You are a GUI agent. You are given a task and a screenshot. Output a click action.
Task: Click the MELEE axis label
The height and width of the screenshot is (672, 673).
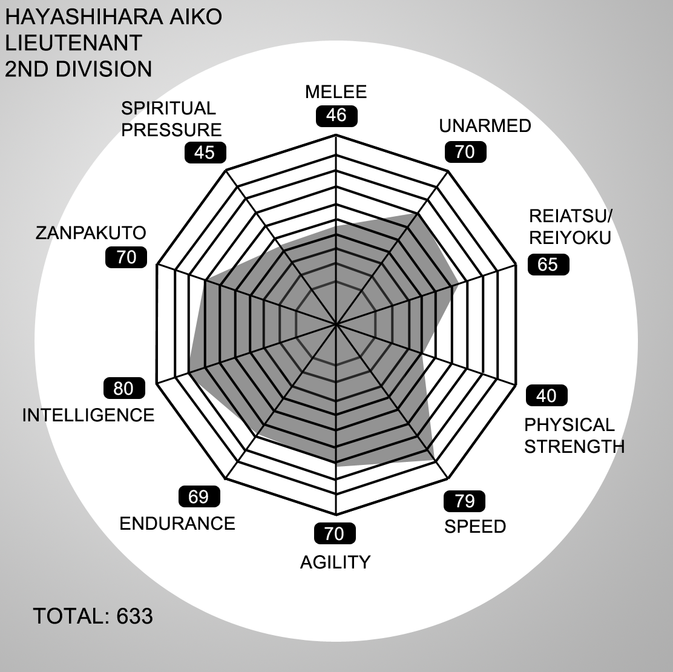pos(336,92)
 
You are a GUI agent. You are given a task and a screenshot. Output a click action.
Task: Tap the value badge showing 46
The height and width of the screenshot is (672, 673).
pos(336,116)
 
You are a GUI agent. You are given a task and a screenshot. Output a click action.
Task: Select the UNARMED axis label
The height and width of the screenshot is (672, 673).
pos(485,126)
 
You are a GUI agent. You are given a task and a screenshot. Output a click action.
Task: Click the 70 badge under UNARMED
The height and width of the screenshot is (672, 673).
pos(465,152)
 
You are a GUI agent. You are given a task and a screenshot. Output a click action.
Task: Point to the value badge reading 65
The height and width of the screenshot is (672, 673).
pos(548,265)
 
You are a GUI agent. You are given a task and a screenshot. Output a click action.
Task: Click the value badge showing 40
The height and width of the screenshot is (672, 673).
pos(547,395)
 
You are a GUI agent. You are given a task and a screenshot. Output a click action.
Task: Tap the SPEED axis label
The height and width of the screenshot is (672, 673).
pos(475,527)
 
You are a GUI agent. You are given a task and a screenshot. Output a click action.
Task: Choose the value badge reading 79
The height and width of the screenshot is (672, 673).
pos(464,501)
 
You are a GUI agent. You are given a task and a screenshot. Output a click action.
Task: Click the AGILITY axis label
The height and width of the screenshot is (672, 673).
pos(335,562)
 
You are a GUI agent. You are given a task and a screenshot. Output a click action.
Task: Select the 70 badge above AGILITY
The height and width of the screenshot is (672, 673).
pos(335,534)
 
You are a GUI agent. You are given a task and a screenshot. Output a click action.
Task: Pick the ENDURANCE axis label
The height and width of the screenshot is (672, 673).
pos(177,524)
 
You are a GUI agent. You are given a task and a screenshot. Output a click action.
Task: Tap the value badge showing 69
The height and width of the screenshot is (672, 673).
pos(199,497)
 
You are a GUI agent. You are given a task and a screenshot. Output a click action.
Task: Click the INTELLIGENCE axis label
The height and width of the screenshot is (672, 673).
pos(88,415)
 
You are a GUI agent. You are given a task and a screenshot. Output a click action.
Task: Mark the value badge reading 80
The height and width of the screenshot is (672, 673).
pos(124,389)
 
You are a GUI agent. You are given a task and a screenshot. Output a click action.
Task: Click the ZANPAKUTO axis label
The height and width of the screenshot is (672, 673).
pos(91,232)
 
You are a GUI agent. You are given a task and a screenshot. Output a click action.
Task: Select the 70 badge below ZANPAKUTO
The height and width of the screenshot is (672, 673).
pos(126,258)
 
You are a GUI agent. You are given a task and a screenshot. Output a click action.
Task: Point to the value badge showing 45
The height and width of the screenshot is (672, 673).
pos(205,153)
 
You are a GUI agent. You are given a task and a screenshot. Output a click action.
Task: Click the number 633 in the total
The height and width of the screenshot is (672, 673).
pos(134,616)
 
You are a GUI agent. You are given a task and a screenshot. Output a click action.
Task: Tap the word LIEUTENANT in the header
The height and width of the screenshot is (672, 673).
pos(73,43)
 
